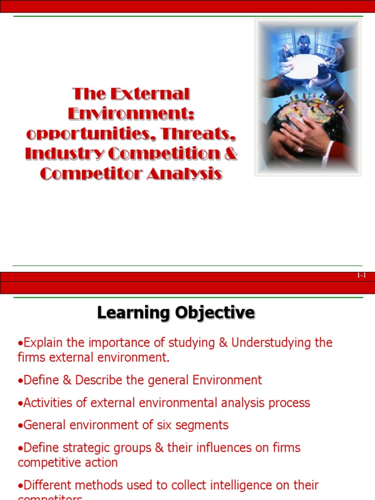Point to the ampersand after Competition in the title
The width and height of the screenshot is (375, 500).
point(230,154)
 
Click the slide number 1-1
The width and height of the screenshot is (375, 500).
point(361,276)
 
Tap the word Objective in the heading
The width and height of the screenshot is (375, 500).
point(215,312)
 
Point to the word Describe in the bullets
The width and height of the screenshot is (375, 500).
point(93,380)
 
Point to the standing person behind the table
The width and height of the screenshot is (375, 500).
point(304,42)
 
